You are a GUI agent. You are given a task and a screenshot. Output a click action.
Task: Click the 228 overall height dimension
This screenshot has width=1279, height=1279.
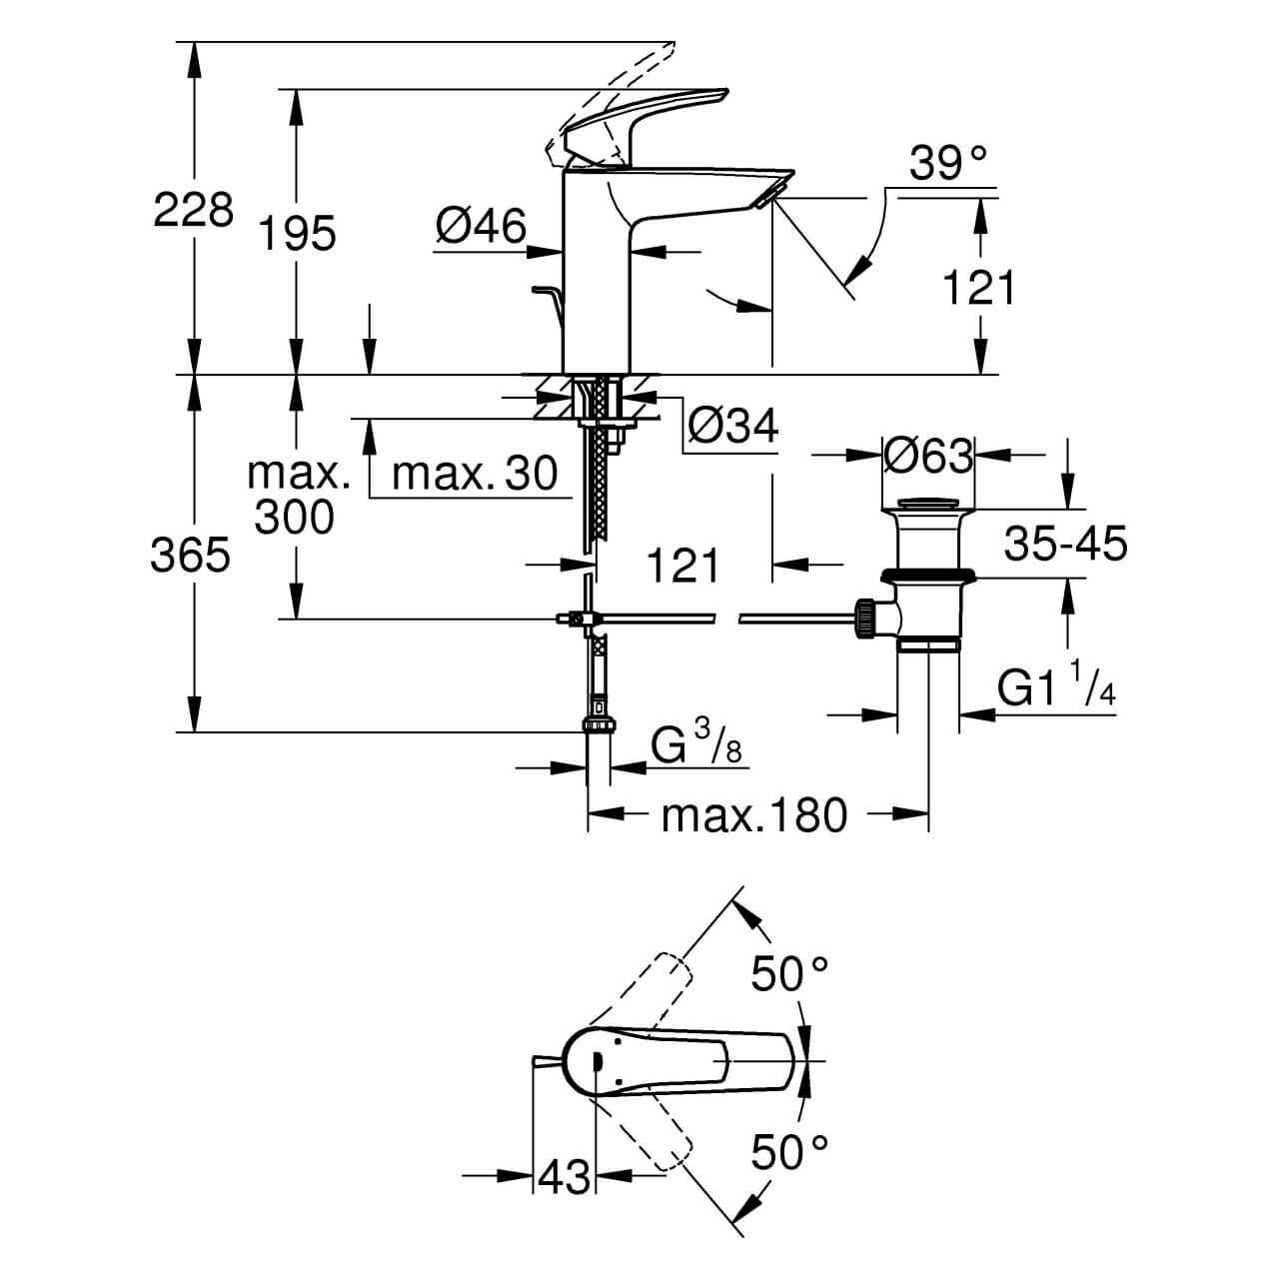(194, 210)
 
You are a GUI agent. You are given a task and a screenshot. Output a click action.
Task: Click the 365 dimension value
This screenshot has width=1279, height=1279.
(191, 556)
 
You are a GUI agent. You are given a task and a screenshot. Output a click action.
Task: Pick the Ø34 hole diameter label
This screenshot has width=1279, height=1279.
(732, 428)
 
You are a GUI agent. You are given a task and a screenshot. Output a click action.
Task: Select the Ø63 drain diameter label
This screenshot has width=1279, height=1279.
(928, 458)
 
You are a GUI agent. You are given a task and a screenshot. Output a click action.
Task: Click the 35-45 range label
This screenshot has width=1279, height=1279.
(1066, 545)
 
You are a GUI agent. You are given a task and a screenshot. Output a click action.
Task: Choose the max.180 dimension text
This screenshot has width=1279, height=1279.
(754, 815)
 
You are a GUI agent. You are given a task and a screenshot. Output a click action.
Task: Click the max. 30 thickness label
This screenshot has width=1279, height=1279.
(475, 474)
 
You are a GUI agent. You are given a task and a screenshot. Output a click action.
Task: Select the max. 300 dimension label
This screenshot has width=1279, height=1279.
(296, 496)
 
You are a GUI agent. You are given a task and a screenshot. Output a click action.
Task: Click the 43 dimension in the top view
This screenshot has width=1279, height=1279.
(564, 1178)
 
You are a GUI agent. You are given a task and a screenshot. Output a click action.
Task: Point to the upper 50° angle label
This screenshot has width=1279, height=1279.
(790, 974)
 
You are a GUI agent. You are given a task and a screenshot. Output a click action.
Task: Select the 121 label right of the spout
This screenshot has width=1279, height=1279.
(979, 289)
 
